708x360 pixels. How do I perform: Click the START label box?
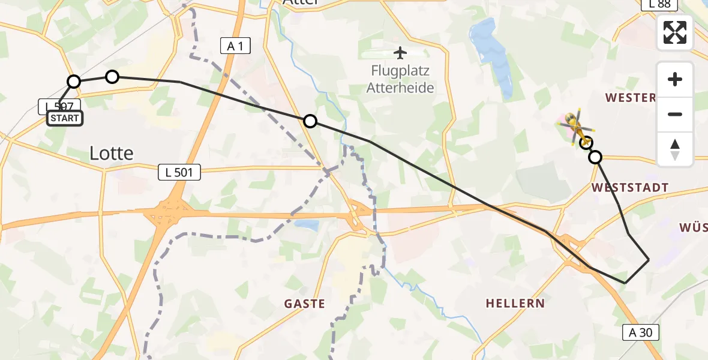click(x=65, y=118)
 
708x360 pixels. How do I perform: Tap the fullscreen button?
click(x=675, y=32)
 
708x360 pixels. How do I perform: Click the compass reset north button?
click(x=675, y=149)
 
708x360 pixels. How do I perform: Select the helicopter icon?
click(x=577, y=127)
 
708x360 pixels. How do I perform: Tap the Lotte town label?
click(x=111, y=154)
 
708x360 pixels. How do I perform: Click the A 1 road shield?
click(x=235, y=45)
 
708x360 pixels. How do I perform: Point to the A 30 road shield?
click(x=641, y=332)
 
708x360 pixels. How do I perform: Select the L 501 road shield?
click(x=179, y=173)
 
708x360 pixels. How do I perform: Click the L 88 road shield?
click(x=659, y=4)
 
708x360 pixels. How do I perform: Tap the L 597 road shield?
click(x=59, y=106)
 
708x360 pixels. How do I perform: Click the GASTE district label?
click(x=305, y=304)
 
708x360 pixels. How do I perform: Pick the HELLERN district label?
click(x=515, y=303)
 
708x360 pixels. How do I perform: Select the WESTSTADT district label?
click(x=629, y=188)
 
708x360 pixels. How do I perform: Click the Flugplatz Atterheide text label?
click(x=401, y=80)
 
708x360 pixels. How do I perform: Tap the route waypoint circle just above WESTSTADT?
click(x=595, y=157)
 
